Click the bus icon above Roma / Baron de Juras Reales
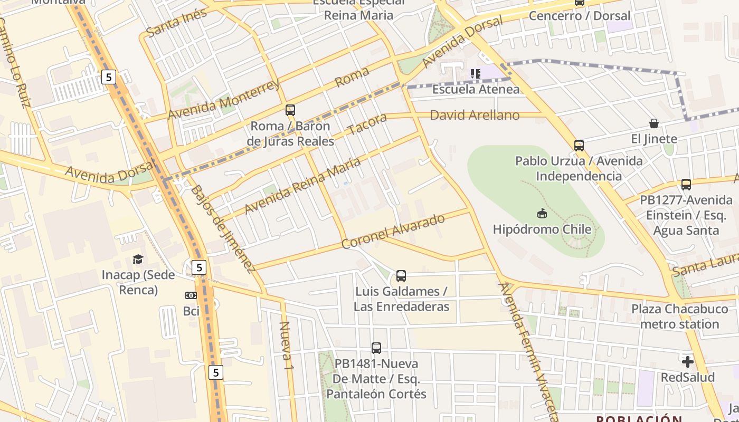(290, 110)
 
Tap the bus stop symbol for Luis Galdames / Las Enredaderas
(401, 275)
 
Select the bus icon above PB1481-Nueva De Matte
(376, 348)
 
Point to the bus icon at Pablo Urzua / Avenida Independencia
(579, 145)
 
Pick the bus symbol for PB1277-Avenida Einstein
(686, 185)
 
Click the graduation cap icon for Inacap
(138, 259)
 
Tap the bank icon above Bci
(191, 295)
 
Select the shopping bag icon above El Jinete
(654, 123)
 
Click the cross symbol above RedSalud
(687, 362)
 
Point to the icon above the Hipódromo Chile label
(542, 213)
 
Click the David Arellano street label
(475, 115)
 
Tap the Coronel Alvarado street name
(393, 232)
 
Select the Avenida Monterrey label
(223, 100)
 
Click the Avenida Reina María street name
(302, 185)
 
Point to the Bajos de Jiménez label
(222, 229)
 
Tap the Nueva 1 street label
(286, 345)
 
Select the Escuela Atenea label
(476, 89)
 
